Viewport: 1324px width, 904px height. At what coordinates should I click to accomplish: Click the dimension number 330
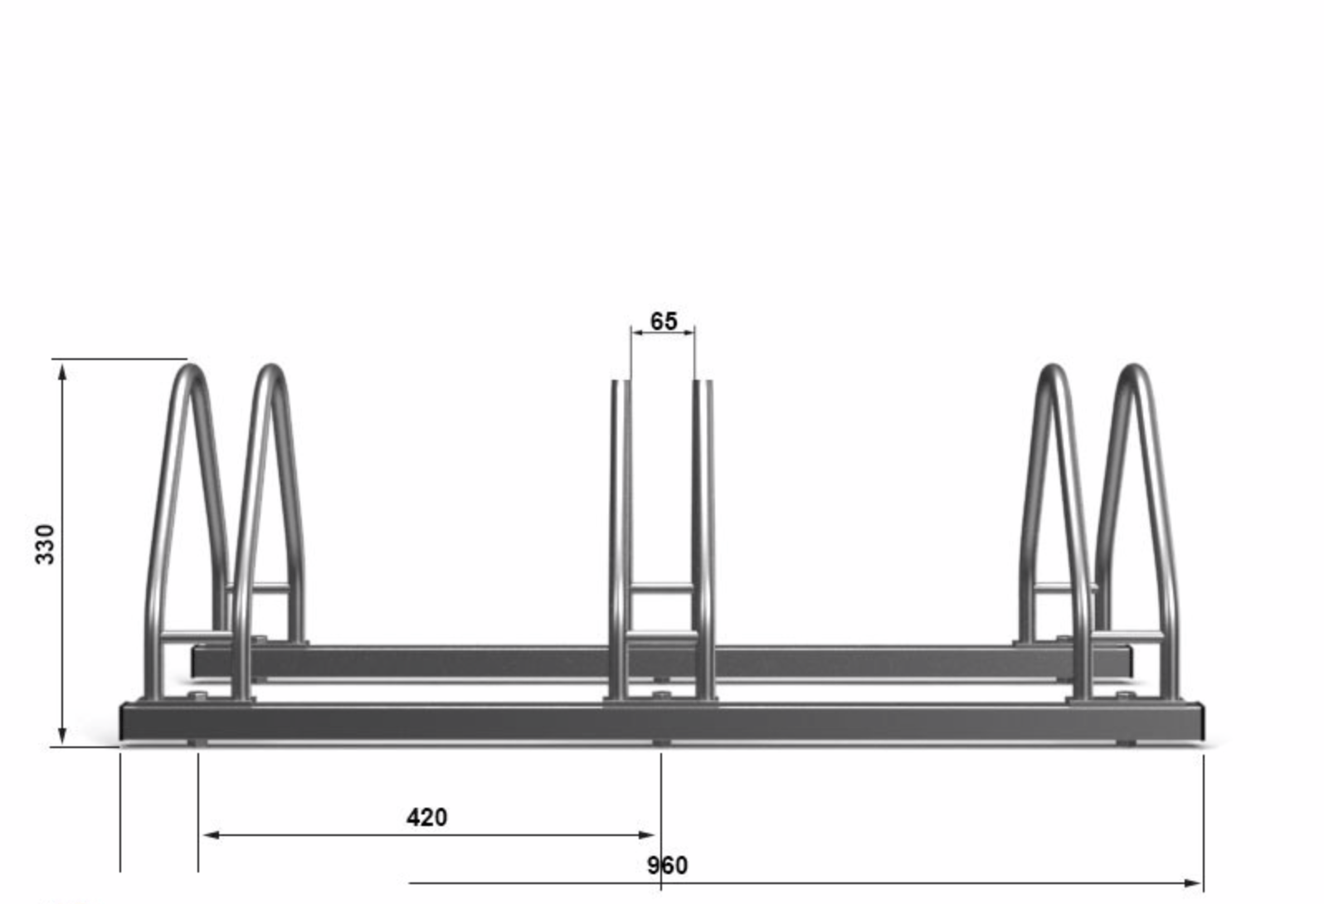pos(45,545)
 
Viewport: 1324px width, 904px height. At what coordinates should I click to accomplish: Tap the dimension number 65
pos(664,322)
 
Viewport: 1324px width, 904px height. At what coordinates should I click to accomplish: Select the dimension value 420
pos(426,818)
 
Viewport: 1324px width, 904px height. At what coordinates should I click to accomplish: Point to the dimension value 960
pos(667,866)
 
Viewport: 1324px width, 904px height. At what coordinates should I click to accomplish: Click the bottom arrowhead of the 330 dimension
pos(63,736)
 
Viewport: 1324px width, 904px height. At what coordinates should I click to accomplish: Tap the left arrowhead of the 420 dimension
pos(211,835)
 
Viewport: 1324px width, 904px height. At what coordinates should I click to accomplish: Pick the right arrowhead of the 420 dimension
pos(646,835)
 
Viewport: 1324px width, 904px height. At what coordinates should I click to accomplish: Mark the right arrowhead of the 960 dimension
pos(1193,883)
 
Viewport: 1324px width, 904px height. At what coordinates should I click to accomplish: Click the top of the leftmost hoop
pos(190,367)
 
